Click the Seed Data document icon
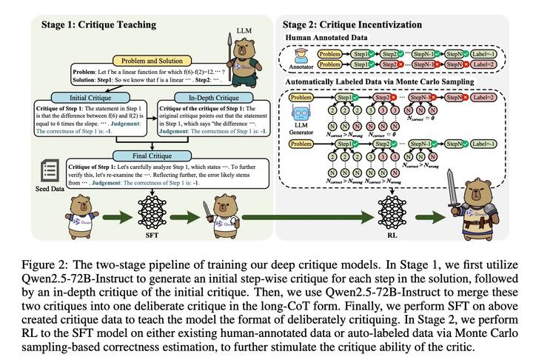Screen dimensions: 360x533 pos(30,175)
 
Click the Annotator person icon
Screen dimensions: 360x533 pos(301,59)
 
